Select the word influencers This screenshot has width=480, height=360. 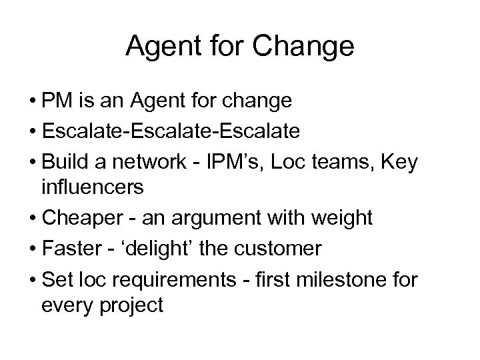click(92, 187)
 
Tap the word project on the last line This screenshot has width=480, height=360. click(132, 307)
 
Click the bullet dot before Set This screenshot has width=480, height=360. click(33, 279)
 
